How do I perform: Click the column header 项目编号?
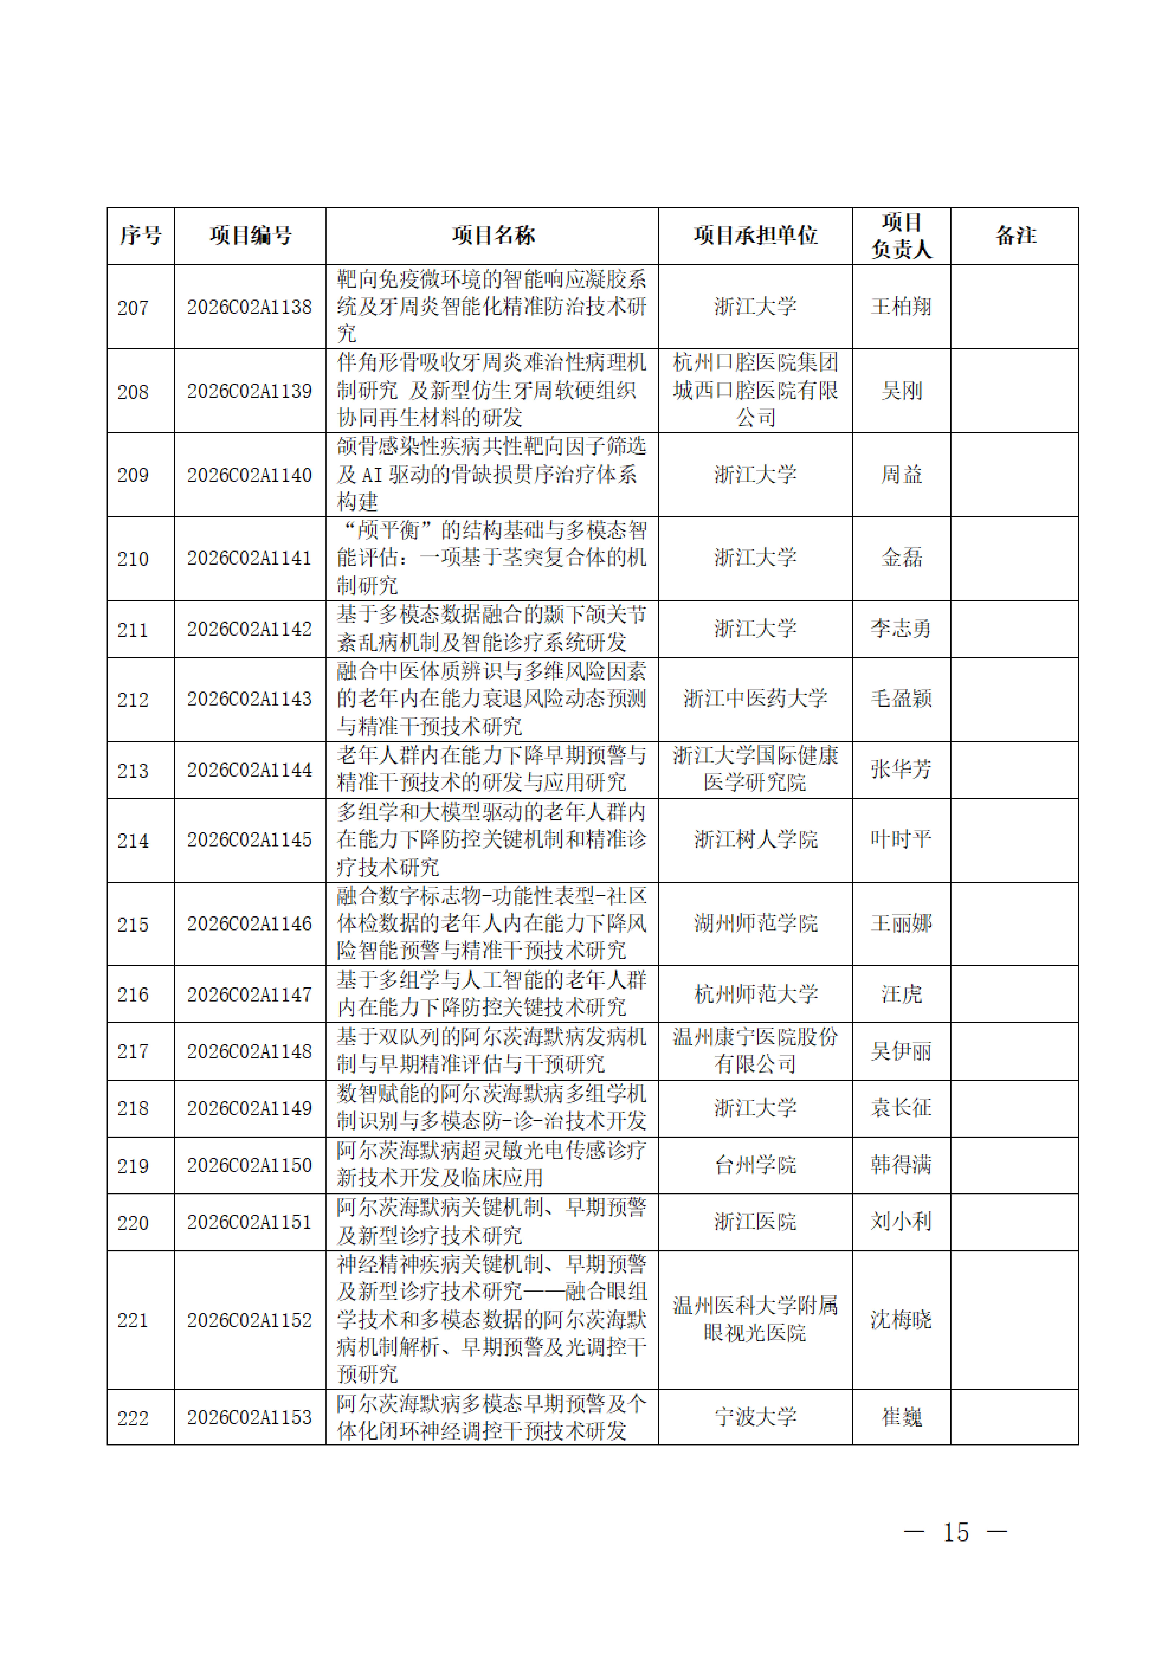click(x=250, y=236)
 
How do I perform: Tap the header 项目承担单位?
click(x=755, y=236)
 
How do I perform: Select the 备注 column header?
click(x=1015, y=236)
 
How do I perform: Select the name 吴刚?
click(x=901, y=391)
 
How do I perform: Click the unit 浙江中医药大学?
click(x=755, y=699)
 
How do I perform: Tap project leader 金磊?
click(x=901, y=558)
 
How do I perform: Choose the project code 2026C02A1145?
click(x=250, y=840)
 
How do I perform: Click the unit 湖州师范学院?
click(x=755, y=924)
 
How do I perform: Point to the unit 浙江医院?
click(x=755, y=1222)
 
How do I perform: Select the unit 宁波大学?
click(x=755, y=1417)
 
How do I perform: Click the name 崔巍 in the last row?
click(x=901, y=1417)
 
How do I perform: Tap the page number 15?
click(x=956, y=1532)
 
